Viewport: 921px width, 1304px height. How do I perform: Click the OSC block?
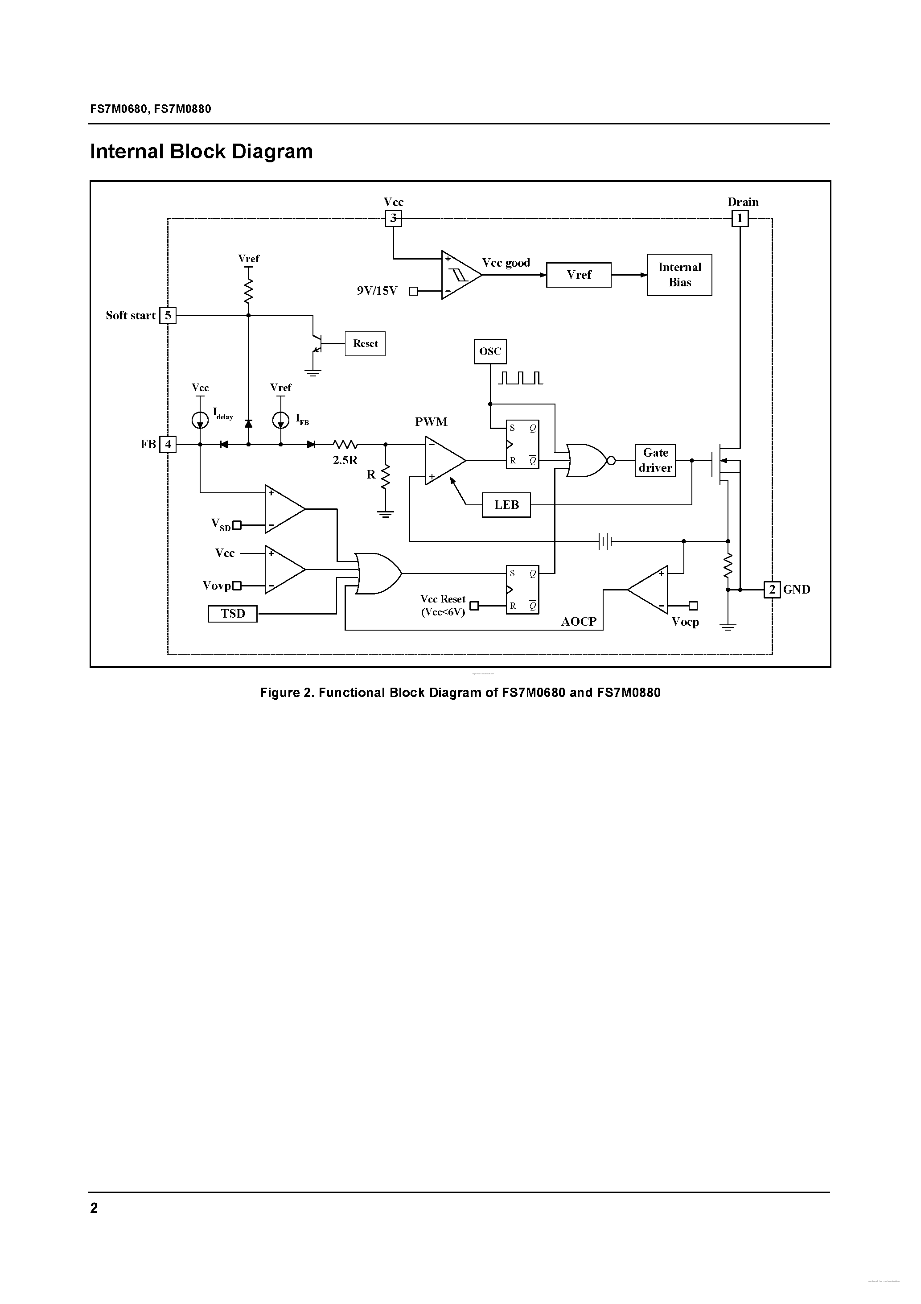click(x=490, y=351)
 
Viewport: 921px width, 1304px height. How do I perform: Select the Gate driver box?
click(x=655, y=460)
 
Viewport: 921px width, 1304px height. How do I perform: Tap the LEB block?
click(x=506, y=505)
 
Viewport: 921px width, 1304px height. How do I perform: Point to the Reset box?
click(x=365, y=343)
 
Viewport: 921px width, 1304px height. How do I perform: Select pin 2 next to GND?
click(x=772, y=590)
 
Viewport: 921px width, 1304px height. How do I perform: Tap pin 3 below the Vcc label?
click(x=394, y=219)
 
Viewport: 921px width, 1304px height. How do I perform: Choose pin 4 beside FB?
click(x=168, y=444)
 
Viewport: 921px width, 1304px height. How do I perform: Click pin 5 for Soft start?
click(x=168, y=315)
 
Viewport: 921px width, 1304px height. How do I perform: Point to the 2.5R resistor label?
click(x=345, y=461)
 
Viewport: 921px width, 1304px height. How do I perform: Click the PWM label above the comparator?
click(x=431, y=421)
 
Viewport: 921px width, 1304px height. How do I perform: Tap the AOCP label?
click(x=579, y=621)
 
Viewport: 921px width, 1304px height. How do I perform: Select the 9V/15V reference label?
click(x=377, y=291)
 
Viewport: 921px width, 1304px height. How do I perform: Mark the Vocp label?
click(x=685, y=621)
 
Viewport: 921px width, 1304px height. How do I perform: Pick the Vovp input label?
click(x=217, y=586)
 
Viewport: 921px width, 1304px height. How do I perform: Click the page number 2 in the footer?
click(x=94, y=1208)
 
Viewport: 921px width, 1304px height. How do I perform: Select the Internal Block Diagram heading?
click(x=201, y=152)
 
